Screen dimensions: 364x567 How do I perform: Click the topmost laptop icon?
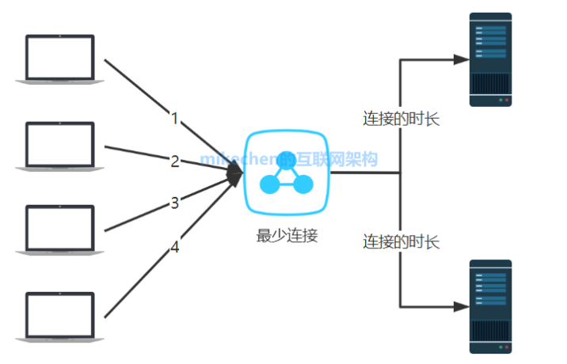[59, 59]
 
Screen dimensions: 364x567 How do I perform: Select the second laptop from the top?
[59, 146]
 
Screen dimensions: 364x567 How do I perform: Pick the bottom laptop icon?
[59, 317]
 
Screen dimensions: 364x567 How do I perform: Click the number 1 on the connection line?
[175, 119]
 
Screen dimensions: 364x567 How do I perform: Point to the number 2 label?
[175, 161]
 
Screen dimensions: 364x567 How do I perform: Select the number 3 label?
[175, 203]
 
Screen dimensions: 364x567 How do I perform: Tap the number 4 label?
[175, 248]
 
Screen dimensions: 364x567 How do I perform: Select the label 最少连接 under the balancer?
[287, 235]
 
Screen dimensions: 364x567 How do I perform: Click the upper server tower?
[490, 59]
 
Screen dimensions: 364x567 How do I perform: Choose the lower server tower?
[490, 306]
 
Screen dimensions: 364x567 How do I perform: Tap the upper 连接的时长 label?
[401, 119]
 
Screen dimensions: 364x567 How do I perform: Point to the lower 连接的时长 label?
[401, 241]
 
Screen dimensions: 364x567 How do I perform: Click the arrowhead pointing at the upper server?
[459, 59]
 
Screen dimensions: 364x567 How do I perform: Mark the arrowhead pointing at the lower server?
[459, 306]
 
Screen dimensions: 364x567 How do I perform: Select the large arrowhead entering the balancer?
[235, 173]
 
